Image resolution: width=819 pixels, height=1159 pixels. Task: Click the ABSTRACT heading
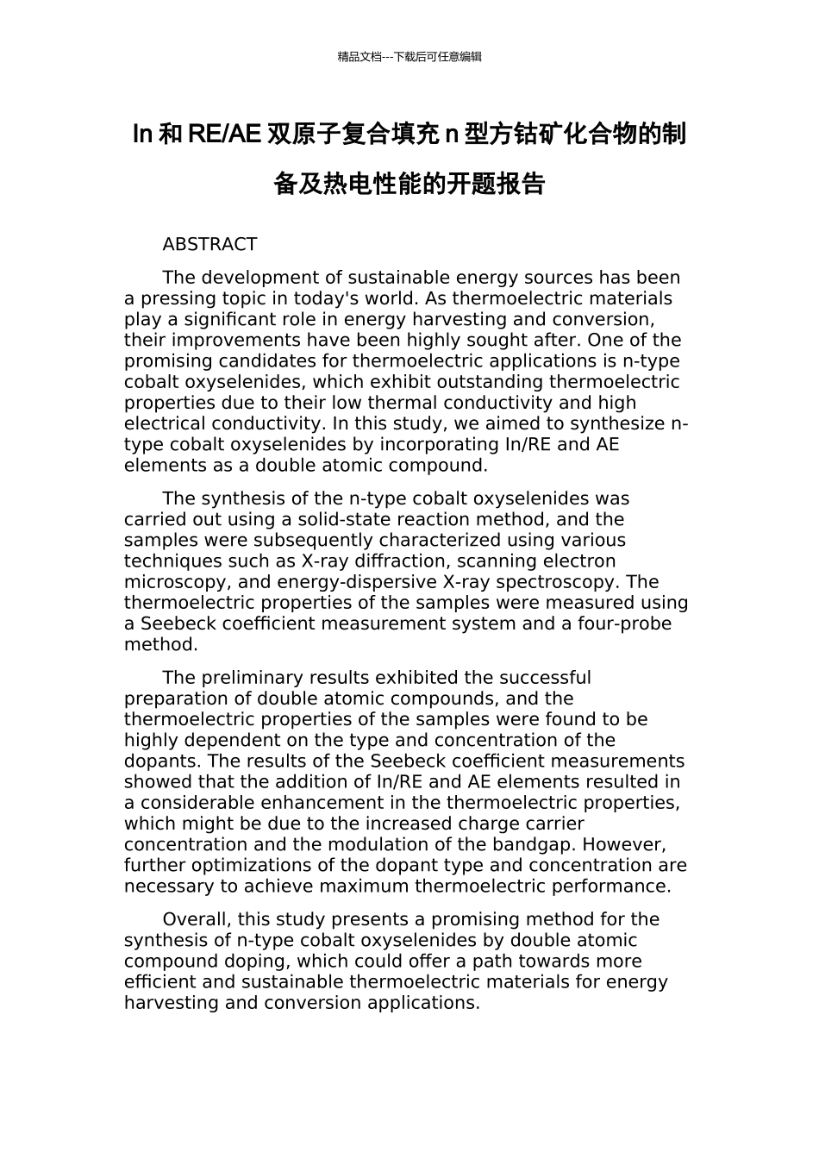(x=209, y=245)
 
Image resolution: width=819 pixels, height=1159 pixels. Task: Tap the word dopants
(x=160, y=761)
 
